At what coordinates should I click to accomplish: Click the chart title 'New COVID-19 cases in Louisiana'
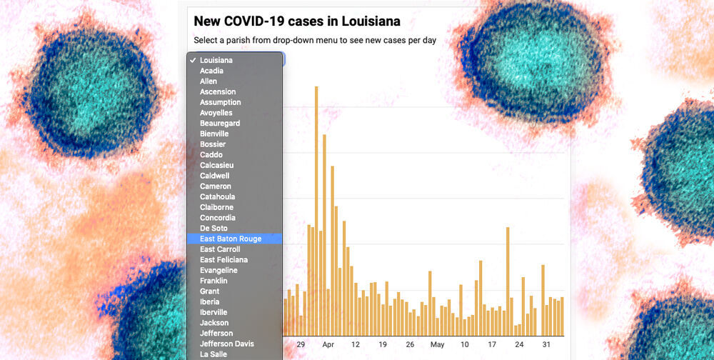[x=297, y=21]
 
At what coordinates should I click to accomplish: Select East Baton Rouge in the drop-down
[x=231, y=239]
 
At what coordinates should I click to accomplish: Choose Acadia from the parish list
[x=211, y=71]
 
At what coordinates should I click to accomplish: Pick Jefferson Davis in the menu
[x=227, y=344]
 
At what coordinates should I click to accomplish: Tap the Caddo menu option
[x=211, y=155]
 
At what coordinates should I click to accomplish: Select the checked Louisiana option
[x=216, y=60]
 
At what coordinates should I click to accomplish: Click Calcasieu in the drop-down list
[x=216, y=165]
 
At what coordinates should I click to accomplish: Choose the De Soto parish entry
[x=213, y=229]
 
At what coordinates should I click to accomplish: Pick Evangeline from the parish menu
[x=218, y=271]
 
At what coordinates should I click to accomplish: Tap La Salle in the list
[x=213, y=354]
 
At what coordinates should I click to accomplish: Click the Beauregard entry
[x=220, y=124]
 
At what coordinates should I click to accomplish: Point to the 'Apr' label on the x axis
[x=328, y=344]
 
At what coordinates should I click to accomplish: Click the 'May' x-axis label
[x=437, y=344]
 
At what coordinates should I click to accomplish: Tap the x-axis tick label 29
[x=301, y=344]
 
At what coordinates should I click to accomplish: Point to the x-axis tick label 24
[x=519, y=344]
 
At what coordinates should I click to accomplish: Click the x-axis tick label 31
[x=546, y=344]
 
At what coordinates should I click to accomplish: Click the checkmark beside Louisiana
[x=193, y=60]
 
